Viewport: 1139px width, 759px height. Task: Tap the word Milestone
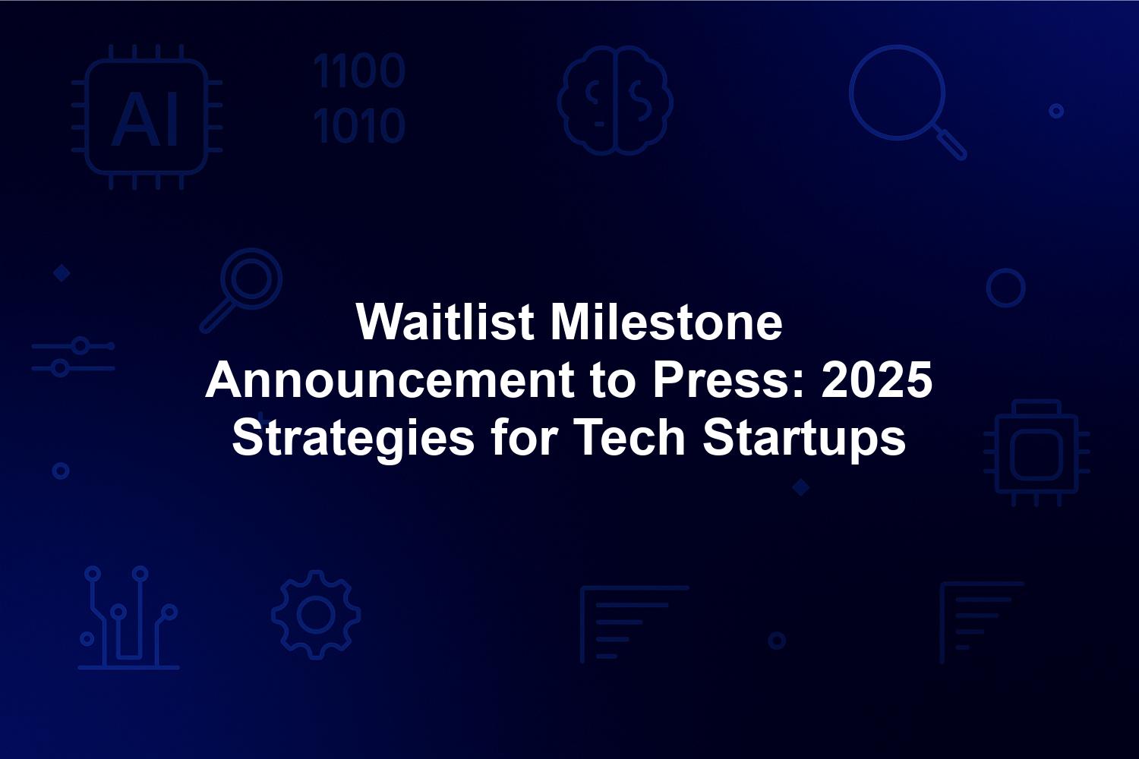point(667,321)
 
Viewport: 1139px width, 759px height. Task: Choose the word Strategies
point(353,438)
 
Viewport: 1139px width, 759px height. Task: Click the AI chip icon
point(147,117)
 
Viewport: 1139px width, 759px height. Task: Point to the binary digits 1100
point(359,71)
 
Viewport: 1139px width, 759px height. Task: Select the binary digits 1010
point(359,125)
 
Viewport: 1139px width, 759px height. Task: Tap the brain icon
point(615,100)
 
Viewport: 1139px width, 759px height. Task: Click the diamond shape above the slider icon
point(62,273)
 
